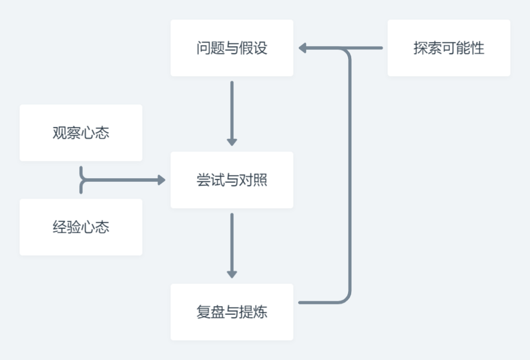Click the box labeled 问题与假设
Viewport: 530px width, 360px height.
click(232, 48)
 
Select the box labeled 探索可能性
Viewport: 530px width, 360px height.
click(449, 48)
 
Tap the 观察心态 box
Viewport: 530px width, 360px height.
click(81, 133)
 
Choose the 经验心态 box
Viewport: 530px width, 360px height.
click(81, 227)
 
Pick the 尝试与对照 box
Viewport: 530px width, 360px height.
click(232, 180)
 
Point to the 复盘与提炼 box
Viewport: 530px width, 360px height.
click(232, 312)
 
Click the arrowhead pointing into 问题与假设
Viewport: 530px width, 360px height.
click(303, 48)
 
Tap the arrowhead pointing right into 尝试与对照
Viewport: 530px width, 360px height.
click(161, 180)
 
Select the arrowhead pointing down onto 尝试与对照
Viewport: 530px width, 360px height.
click(232, 141)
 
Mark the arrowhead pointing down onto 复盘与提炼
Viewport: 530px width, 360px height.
click(232, 274)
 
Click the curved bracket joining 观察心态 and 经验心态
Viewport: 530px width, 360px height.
click(82, 180)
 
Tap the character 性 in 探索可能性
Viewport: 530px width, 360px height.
click(478, 48)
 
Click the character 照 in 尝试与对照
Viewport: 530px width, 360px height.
click(261, 180)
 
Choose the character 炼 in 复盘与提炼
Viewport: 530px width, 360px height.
click(261, 312)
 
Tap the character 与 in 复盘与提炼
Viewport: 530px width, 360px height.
click(232, 312)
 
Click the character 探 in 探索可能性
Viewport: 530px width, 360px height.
click(420, 48)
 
